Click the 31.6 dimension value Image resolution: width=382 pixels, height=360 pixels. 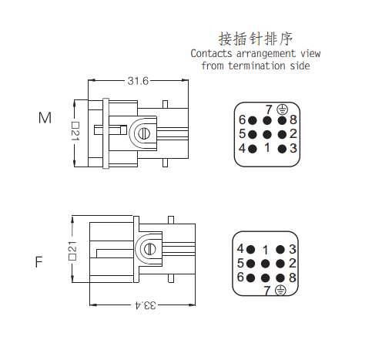(138, 81)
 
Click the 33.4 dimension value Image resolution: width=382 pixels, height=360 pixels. (146, 305)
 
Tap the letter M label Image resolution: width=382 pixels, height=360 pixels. (45, 118)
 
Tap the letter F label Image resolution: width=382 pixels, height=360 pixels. (39, 262)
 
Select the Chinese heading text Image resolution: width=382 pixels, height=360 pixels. (256, 39)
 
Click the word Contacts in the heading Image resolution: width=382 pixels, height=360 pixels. (211, 53)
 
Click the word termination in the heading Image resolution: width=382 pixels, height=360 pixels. (256, 66)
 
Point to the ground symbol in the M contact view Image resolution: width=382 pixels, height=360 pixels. (282, 109)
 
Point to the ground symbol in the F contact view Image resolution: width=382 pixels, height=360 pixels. (280, 290)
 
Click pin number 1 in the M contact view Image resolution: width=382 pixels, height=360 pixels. (267, 147)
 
